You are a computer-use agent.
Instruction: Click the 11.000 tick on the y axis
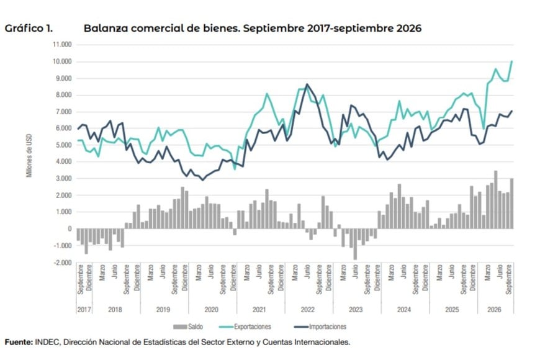62,45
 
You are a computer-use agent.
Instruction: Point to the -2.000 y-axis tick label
62,263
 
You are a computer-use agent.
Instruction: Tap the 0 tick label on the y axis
70,229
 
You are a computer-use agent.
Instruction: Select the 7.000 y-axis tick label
63,112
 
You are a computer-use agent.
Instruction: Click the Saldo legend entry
188,326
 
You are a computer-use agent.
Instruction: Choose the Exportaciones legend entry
245,326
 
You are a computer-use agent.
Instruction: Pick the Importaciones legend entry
320,326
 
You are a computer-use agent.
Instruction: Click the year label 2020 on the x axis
211,310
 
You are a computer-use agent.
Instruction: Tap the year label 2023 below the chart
356,310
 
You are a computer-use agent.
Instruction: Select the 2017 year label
84,310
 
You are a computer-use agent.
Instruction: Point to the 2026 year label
494,310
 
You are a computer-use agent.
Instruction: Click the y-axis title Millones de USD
29,156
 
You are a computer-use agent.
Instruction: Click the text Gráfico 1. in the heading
29,29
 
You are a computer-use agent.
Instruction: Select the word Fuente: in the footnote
19,342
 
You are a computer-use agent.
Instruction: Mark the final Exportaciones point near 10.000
512,61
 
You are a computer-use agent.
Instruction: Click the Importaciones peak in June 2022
307,84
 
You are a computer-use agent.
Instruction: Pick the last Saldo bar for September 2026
512,204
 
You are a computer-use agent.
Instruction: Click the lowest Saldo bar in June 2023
355,245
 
